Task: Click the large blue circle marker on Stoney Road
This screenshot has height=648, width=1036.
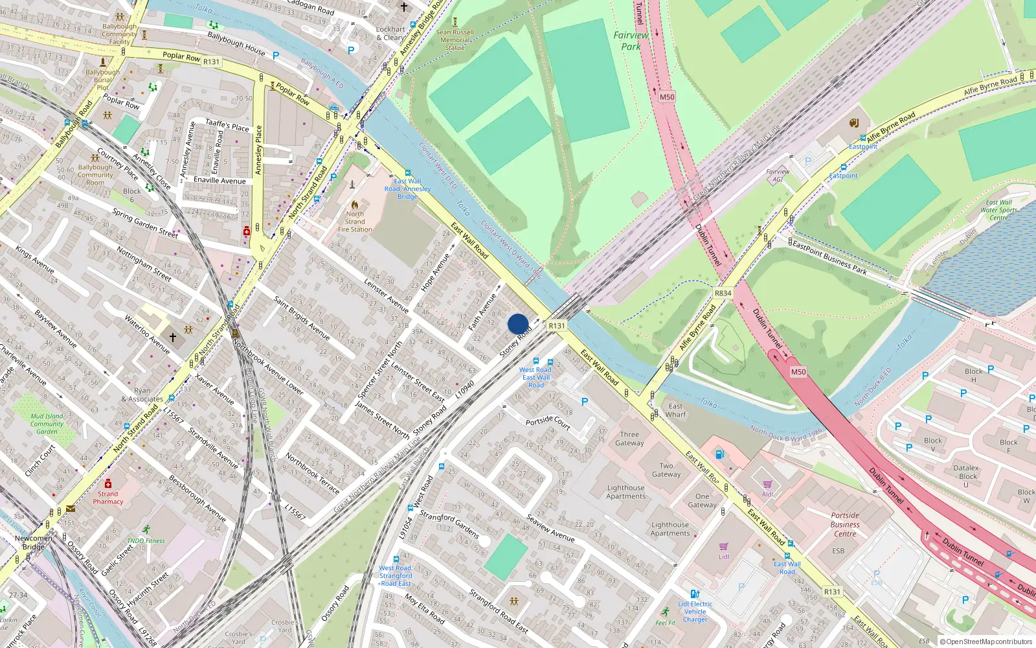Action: pyautogui.click(x=518, y=324)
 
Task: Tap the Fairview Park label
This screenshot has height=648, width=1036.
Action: pyautogui.click(x=631, y=41)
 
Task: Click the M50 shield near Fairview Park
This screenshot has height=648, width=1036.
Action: pyautogui.click(x=667, y=97)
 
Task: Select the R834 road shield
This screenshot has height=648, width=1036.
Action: pyautogui.click(x=723, y=293)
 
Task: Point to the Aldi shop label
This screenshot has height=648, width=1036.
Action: pyautogui.click(x=767, y=494)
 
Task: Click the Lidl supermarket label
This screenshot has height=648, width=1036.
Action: pyautogui.click(x=724, y=556)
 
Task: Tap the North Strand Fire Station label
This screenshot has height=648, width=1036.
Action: pyautogui.click(x=355, y=222)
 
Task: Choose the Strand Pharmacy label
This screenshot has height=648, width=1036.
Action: pyautogui.click(x=107, y=498)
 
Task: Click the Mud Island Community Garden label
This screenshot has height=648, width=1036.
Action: pyautogui.click(x=47, y=424)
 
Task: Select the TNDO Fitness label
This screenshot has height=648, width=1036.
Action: pyautogui.click(x=146, y=540)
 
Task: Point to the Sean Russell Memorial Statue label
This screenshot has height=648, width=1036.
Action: pyautogui.click(x=455, y=40)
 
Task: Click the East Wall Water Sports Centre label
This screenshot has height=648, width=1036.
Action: pyautogui.click(x=998, y=210)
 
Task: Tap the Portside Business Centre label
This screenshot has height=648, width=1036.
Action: pyautogui.click(x=845, y=525)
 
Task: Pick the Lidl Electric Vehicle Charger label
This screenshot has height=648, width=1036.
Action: pyautogui.click(x=695, y=612)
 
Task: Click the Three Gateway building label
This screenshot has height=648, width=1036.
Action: pyautogui.click(x=629, y=439)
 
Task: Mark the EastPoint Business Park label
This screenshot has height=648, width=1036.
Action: pyautogui.click(x=829, y=257)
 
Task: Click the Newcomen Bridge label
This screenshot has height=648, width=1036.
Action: pyautogui.click(x=33, y=542)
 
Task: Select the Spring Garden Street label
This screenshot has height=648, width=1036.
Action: pyautogui.click(x=145, y=223)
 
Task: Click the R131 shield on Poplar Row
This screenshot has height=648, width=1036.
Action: pyautogui.click(x=211, y=62)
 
